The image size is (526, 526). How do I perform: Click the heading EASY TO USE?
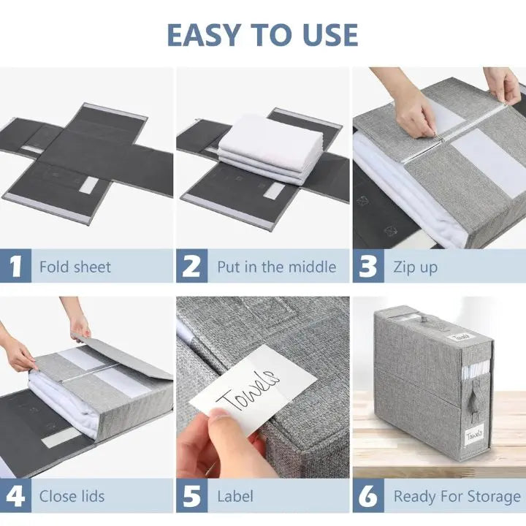click(x=262, y=34)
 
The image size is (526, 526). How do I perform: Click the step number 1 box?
click(x=15, y=267)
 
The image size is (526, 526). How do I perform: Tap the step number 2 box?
click(x=191, y=267)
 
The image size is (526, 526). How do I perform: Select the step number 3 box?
click(x=368, y=267)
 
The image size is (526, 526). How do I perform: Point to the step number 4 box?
click(x=15, y=496)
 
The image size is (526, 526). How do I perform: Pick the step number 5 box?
click(x=191, y=496)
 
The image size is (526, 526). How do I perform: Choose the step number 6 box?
click(x=368, y=496)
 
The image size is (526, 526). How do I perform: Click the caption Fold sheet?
click(x=75, y=267)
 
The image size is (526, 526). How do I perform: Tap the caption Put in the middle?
click(x=276, y=267)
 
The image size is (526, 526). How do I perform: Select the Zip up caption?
click(x=415, y=267)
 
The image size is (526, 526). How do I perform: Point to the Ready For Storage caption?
click(x=457, y=497)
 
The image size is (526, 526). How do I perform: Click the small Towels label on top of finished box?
click(x=460, y=336)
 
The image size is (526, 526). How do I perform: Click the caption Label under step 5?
click(x=235, y=497)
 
